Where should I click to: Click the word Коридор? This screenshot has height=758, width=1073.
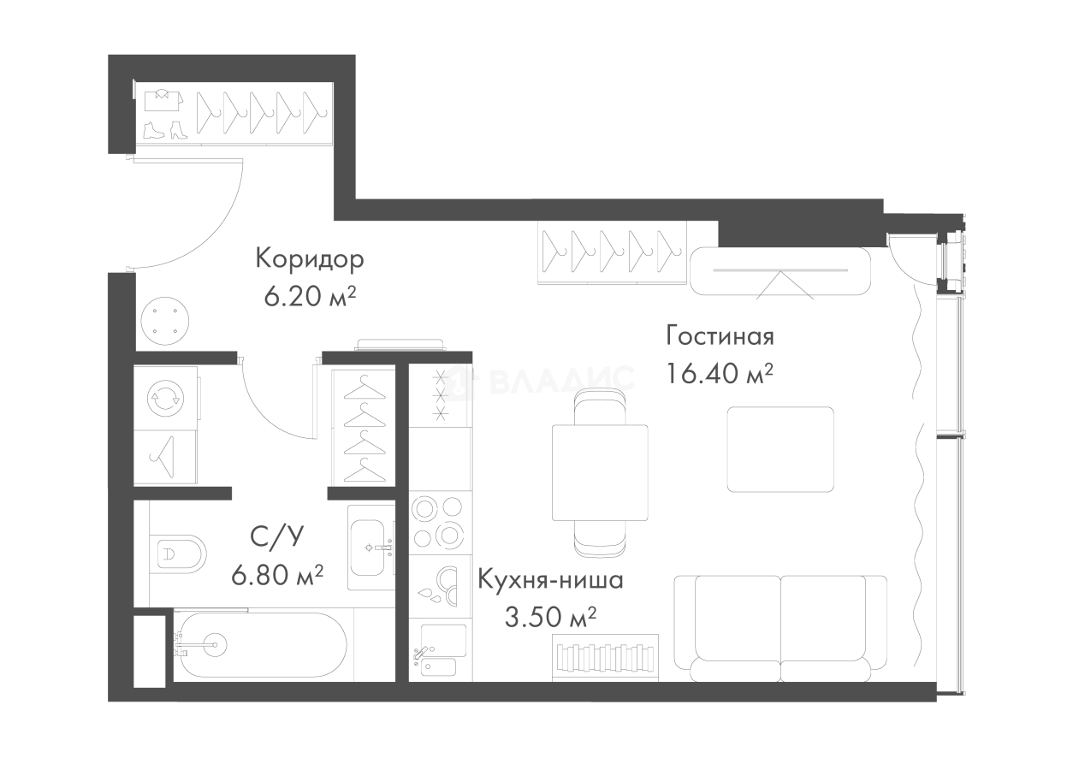coord(310,260)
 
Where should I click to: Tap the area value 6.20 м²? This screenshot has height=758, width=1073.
coord(310,297)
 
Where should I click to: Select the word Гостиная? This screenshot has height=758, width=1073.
coord(720,336)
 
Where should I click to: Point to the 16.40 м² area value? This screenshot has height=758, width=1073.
coord(720,374)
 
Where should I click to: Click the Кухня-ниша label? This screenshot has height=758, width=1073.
coord(551,580)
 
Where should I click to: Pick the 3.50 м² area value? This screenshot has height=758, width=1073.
coord(551,618)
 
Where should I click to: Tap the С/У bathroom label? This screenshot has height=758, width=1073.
coord(277,537)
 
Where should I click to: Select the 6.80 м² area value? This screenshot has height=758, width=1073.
coord(277,575)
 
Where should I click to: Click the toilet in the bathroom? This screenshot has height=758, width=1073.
coord(178,554)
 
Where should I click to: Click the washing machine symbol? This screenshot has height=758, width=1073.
coord(165,399)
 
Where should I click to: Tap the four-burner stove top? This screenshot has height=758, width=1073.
coord(439,522)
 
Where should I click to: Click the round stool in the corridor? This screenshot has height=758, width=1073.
coord(165,321)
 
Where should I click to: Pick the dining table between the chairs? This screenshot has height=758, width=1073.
coord(600,472)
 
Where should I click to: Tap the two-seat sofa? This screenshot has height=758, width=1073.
coord(780,628)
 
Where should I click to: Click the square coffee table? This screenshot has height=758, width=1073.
coord(780,449)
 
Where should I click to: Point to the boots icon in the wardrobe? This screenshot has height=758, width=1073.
coord(165,130)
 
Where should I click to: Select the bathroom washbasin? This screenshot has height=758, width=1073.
coord(371,548)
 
